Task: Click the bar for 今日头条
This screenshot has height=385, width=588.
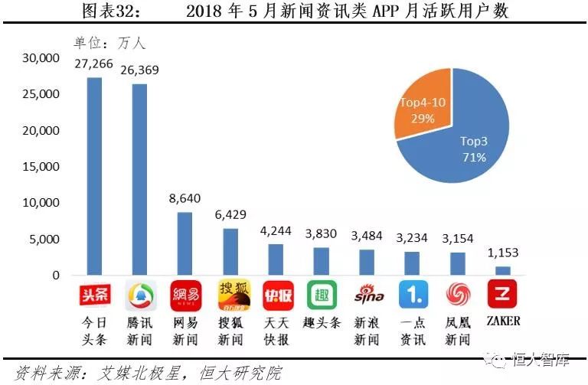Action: [94, 176]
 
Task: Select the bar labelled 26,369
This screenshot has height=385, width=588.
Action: [139, 179]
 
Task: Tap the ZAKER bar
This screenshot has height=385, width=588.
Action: [503, 270]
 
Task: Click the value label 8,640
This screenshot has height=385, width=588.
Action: [185, 198]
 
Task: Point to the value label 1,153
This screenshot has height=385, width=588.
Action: [503, 253]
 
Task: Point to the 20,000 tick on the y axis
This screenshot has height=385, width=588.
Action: [41, 130]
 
